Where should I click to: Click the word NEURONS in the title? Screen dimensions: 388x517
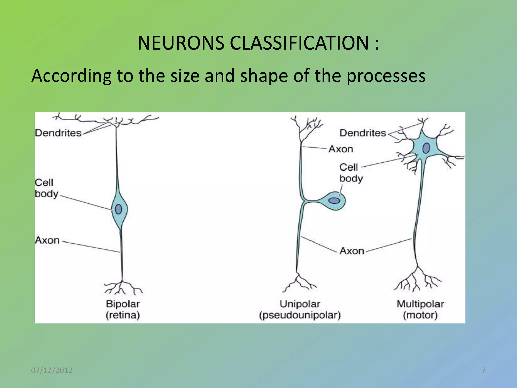[x=181, y=43]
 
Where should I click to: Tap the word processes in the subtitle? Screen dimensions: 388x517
[x=386, y=76]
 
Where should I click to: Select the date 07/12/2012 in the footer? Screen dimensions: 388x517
[x=52, y=370]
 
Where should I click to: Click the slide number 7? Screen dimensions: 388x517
[x=484, y=370]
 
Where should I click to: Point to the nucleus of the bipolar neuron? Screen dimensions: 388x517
[x=118, y=209]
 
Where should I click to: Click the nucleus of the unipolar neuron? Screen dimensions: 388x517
[x=334, y=201]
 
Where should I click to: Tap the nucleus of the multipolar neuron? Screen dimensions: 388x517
[x=426, y=148]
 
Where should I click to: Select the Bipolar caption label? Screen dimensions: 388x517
[x=123, y=304]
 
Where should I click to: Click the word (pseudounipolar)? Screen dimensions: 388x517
[x=300, y=315]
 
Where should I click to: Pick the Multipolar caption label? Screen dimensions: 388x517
[x=420, y=304]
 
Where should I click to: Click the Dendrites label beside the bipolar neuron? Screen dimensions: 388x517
[x=58, y=133]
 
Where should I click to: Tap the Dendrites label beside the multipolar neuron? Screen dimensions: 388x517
[x=363, y=133]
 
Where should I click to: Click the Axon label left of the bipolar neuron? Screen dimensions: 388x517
[x=47, y=240]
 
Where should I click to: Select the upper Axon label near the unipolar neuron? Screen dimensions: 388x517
[x=341, y=149]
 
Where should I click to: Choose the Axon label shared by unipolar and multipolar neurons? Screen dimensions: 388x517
[x=352, y=251]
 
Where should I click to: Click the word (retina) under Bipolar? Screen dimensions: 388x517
[x=123, y=315]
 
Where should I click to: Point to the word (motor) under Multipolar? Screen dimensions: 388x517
[x=420, y=315]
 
